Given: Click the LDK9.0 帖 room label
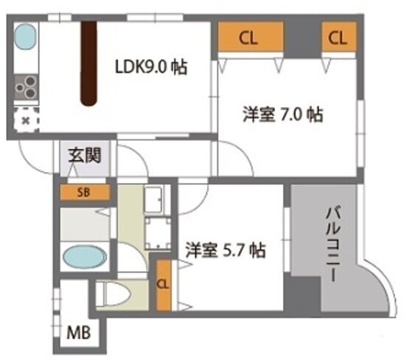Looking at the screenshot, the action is coord(151,67).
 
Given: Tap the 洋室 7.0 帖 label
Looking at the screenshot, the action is coord(283,114).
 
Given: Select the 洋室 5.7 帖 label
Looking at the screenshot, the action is coord(226,250).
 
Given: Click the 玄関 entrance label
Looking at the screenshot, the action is coord(85,156).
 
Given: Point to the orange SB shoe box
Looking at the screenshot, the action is coord(84,193).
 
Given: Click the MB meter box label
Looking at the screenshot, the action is coord(79,333).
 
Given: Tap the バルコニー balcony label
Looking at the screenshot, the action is coord(333,244).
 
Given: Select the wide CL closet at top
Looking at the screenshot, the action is coord(250,37).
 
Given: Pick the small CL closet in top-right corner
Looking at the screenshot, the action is coord(338,37).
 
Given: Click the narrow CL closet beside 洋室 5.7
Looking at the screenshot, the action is coord(164,285).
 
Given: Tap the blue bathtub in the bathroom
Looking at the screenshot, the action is coord(85,257).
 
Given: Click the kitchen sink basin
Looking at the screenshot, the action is coord(24,37).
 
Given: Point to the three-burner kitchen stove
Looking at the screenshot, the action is coord(27,87).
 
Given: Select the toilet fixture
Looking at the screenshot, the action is coord(116,294).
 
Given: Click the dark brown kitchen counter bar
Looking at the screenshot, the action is coord(88,63).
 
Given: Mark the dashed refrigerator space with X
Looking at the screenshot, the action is coord(26,120).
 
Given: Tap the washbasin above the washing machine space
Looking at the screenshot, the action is coord(157,200).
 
